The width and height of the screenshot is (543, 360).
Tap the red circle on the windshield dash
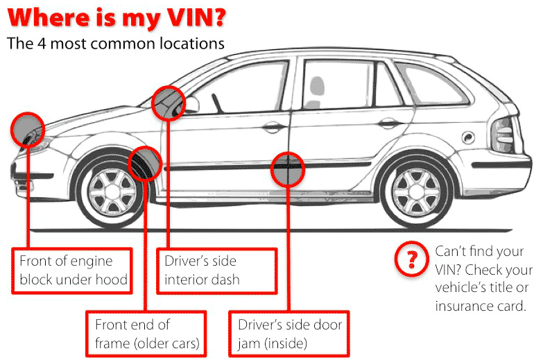click(169, 103)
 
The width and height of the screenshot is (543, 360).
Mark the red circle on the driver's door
click(288, 169)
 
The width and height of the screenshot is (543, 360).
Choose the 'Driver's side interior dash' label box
click(216, 270)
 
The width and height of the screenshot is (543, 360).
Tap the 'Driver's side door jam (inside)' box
click(290, 333)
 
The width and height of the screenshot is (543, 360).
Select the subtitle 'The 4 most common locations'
click(116, 44)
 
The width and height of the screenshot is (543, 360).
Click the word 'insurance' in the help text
click(463, 305)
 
